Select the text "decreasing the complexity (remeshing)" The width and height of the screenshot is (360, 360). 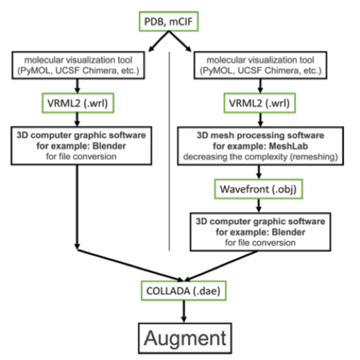pyautogui.click(x=261, y=157)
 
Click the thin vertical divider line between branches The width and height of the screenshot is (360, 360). pyautogui.click(x=170, y=151)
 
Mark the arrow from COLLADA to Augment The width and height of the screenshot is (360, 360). pyautogui.click(x=184, y=311)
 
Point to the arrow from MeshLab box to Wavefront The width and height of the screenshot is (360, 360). pyautogui.click(x=259, y=172)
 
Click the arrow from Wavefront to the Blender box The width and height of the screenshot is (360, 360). pyautogui.click(x=259, y=205)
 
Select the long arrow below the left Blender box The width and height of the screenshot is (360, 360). pyautogui.click(x=78, y=207)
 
